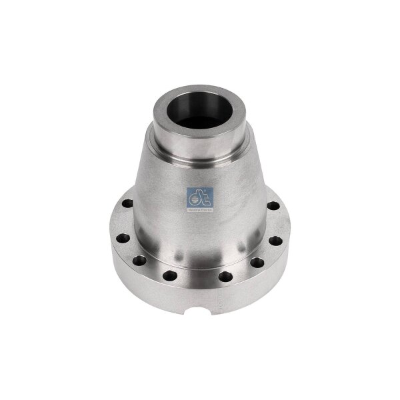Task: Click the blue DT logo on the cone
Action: click(x=201, y=196)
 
